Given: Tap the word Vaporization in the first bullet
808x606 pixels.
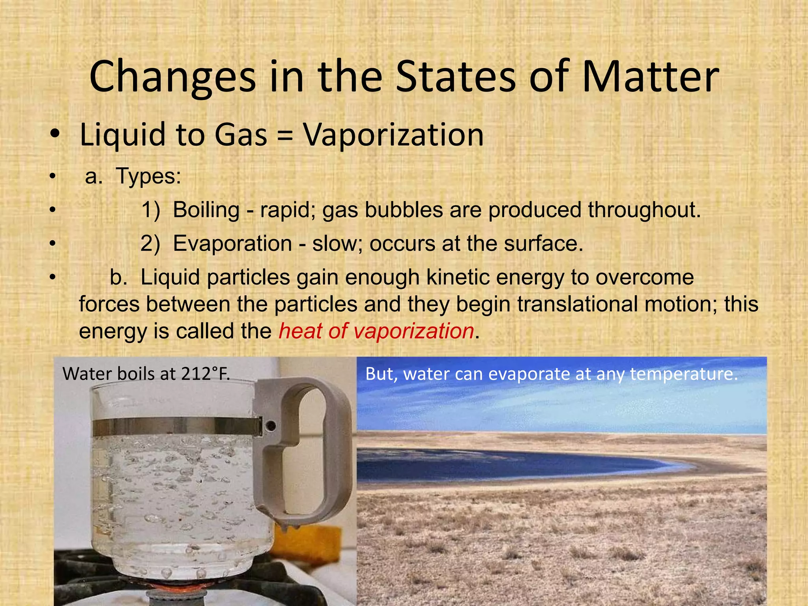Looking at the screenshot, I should pos(393,135).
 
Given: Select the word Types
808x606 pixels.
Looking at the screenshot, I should pos(148,176).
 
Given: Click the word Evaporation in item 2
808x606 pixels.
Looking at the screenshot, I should pos(232,243).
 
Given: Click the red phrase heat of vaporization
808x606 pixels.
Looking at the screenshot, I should pos(376,331).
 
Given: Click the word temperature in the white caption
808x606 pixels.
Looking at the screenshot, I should pos(684,374).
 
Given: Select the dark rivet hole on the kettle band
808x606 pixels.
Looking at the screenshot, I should pos(271,426).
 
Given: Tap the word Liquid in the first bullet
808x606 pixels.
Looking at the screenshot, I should pos(123,135).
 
